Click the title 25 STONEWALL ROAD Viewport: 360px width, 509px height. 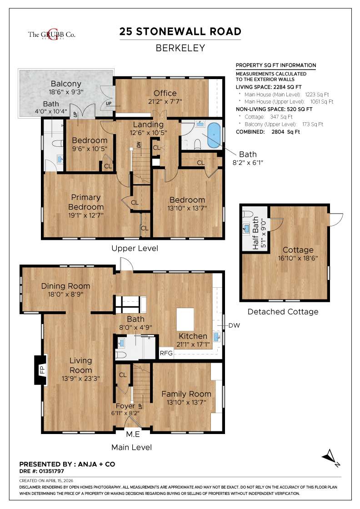click(x=180, y=31)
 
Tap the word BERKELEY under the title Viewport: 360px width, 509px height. click(x=180, y=48)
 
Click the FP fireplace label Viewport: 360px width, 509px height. click(x=41, y=370)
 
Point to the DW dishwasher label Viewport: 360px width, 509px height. click(x=234, y=325)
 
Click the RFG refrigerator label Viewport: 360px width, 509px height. click(x=165, y=353)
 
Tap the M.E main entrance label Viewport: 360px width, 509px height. click(x=133, y=434)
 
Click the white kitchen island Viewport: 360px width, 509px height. click(x=185, y=319)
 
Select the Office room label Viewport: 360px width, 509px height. click(x=165, y=93)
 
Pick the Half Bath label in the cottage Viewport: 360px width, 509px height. click(x=255, y=234)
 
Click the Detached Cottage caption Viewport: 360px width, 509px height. click(x=283, y=312)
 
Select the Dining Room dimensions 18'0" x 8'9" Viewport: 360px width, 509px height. click(x=65, y=294)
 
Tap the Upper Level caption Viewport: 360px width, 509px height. click(x=135, y=249)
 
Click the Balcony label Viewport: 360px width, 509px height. click(x=66, y=84)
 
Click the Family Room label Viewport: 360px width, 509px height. click(x=186, y=394)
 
